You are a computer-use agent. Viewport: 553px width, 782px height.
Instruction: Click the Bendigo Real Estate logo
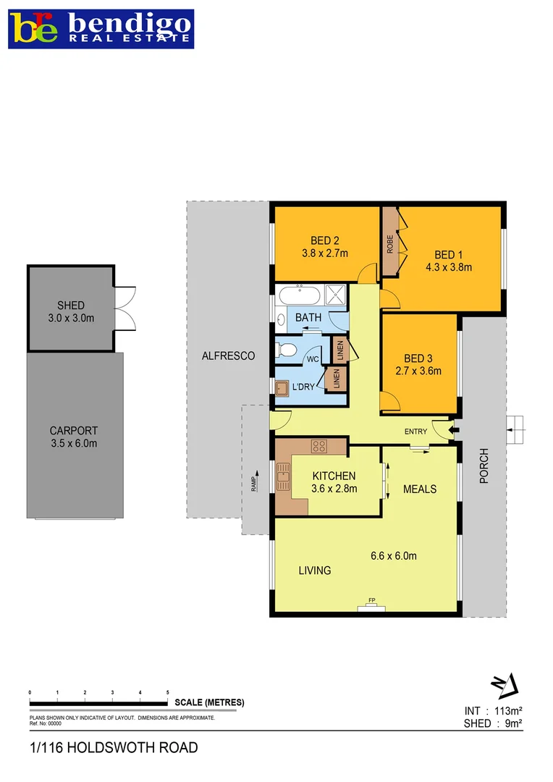[x=101, y=29]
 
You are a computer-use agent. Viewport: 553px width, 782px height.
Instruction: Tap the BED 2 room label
[x=325, y=241]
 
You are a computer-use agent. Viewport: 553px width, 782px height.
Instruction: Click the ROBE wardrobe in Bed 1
[x=389, y=241]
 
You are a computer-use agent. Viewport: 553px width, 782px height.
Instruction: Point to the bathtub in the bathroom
[x=300, y=295]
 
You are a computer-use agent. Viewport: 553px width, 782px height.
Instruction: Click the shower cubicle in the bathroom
[x=335, y=295]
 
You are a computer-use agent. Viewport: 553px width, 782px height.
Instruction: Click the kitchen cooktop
[x=319, y=446]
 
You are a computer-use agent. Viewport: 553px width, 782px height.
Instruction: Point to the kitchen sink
[x=282, y=476]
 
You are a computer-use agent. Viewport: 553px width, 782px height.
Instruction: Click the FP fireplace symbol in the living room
[x=372, y=607]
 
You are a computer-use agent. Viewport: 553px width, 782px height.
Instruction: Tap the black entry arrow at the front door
[x=453, y=432]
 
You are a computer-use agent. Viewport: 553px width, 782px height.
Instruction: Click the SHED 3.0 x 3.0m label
[x=71, y=311]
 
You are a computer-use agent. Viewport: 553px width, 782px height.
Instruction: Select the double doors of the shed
[x=124, y=308]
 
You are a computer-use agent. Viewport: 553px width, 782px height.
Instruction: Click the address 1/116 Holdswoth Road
[x=114, y=747]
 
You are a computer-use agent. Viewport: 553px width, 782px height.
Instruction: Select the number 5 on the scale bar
[x=168, y=692]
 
